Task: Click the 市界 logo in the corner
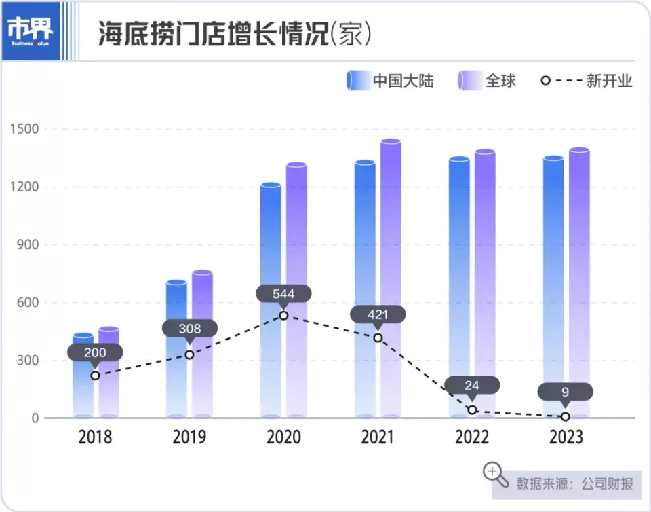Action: (30, 31)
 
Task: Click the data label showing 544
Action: (283, 294)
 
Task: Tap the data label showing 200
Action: (95, 352)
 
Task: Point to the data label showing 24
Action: (472, 386)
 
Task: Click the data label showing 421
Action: (378, 314)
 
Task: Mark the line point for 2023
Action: (566, 416)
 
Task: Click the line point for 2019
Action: (189, 354)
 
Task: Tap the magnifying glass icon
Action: (495, 474)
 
